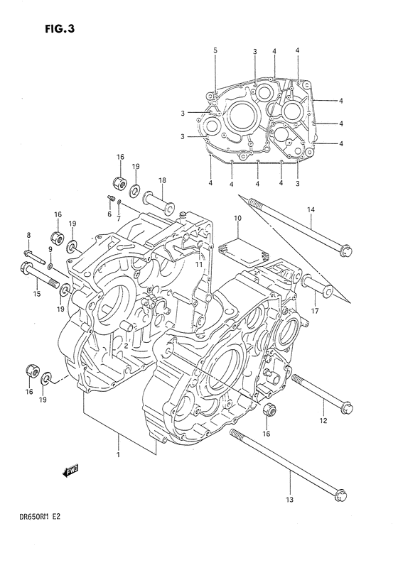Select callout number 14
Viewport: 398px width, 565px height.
[x=311, y=209]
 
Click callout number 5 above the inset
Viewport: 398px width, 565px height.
[x=215, y=50]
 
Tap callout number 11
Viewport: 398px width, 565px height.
[x=200, y=265]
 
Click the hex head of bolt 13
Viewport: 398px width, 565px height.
[x=340, y=494]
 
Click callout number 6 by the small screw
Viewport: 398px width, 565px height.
[x=109, y=214]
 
